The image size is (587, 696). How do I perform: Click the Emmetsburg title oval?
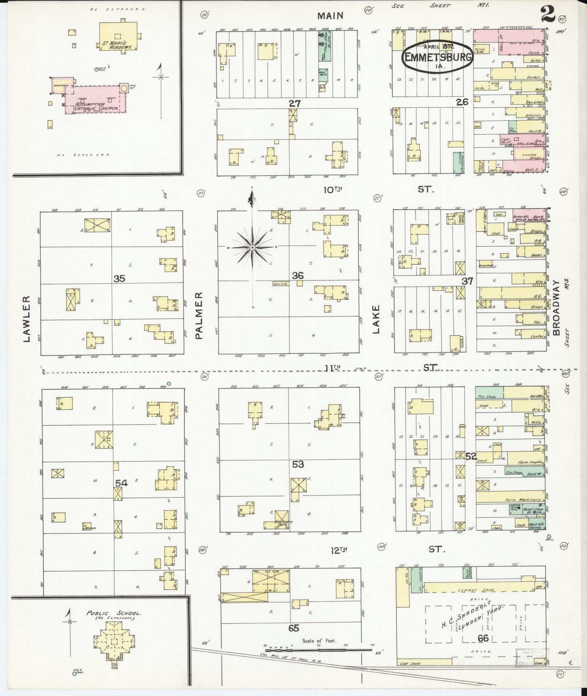tap(437, 57)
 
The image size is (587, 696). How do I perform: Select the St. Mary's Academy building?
tap(118, 36)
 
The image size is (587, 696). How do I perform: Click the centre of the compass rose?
tap(252, 247)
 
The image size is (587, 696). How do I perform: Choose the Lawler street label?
tap(26, 319)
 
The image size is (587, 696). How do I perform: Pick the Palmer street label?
tap(199, 315)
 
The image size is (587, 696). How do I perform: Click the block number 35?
tap(119, 279)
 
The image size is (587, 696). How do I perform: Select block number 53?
tap(298, 464)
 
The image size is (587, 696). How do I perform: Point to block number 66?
tap(483, 638)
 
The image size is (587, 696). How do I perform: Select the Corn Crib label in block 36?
tap(281, 284)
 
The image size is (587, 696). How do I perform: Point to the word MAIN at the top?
tap(330, 16)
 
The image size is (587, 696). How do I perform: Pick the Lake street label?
tap(376, 319)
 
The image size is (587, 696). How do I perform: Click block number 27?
tap(295, 103)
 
